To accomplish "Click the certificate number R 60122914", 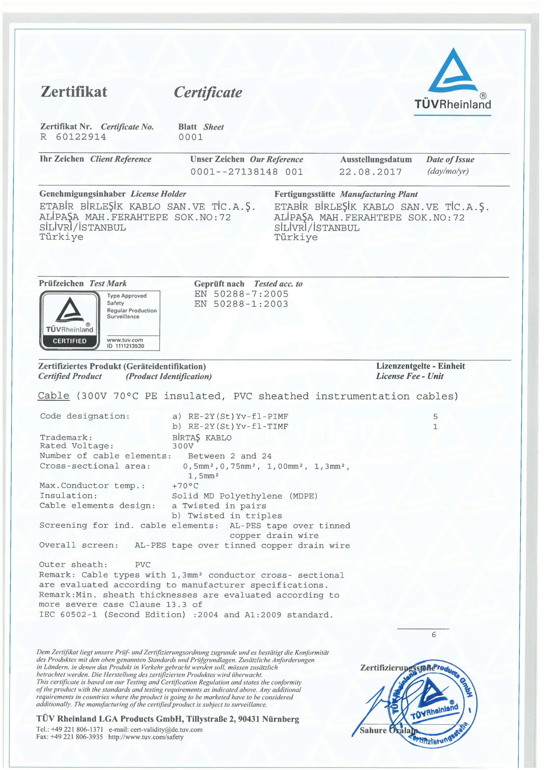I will [73, 137].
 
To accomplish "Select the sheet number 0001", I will [191, 137].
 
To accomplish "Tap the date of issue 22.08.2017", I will [370, 172].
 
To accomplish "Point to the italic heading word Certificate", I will [208, 93].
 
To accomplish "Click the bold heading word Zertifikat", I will [74, 92].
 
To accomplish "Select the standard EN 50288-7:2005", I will [241, 294].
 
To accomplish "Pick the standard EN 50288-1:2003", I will [241, 304].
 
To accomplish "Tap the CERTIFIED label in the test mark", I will [70, 341].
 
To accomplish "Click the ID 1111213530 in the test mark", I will [125, 346].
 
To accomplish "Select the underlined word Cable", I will [54, 396].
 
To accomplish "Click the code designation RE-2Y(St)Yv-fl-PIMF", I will [238, 416].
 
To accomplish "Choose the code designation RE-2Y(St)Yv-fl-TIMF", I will [238, 427].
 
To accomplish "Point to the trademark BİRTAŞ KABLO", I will [202, 438].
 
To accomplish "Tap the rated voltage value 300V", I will [183, 446].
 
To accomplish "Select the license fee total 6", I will [434, 635].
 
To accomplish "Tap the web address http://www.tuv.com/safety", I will [146, 737].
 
